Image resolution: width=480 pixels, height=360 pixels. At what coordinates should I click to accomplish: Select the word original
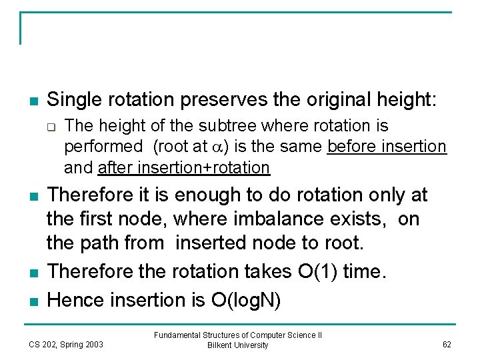point(344,101)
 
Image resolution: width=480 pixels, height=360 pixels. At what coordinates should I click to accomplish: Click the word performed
point(103,147)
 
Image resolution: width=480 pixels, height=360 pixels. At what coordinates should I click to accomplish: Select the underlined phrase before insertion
point(387,147)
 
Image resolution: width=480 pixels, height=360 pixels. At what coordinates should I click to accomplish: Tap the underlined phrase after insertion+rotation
point(183,168)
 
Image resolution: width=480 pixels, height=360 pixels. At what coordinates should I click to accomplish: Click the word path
point(99,243)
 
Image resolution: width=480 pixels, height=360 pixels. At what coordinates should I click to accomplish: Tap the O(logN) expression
point(246,301)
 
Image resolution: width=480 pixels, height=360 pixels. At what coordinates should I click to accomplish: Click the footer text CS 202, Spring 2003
point(66,344)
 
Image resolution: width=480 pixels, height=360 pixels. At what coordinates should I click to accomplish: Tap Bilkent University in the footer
point(238,345)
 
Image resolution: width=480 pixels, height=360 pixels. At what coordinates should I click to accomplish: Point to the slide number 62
point(446,344)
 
